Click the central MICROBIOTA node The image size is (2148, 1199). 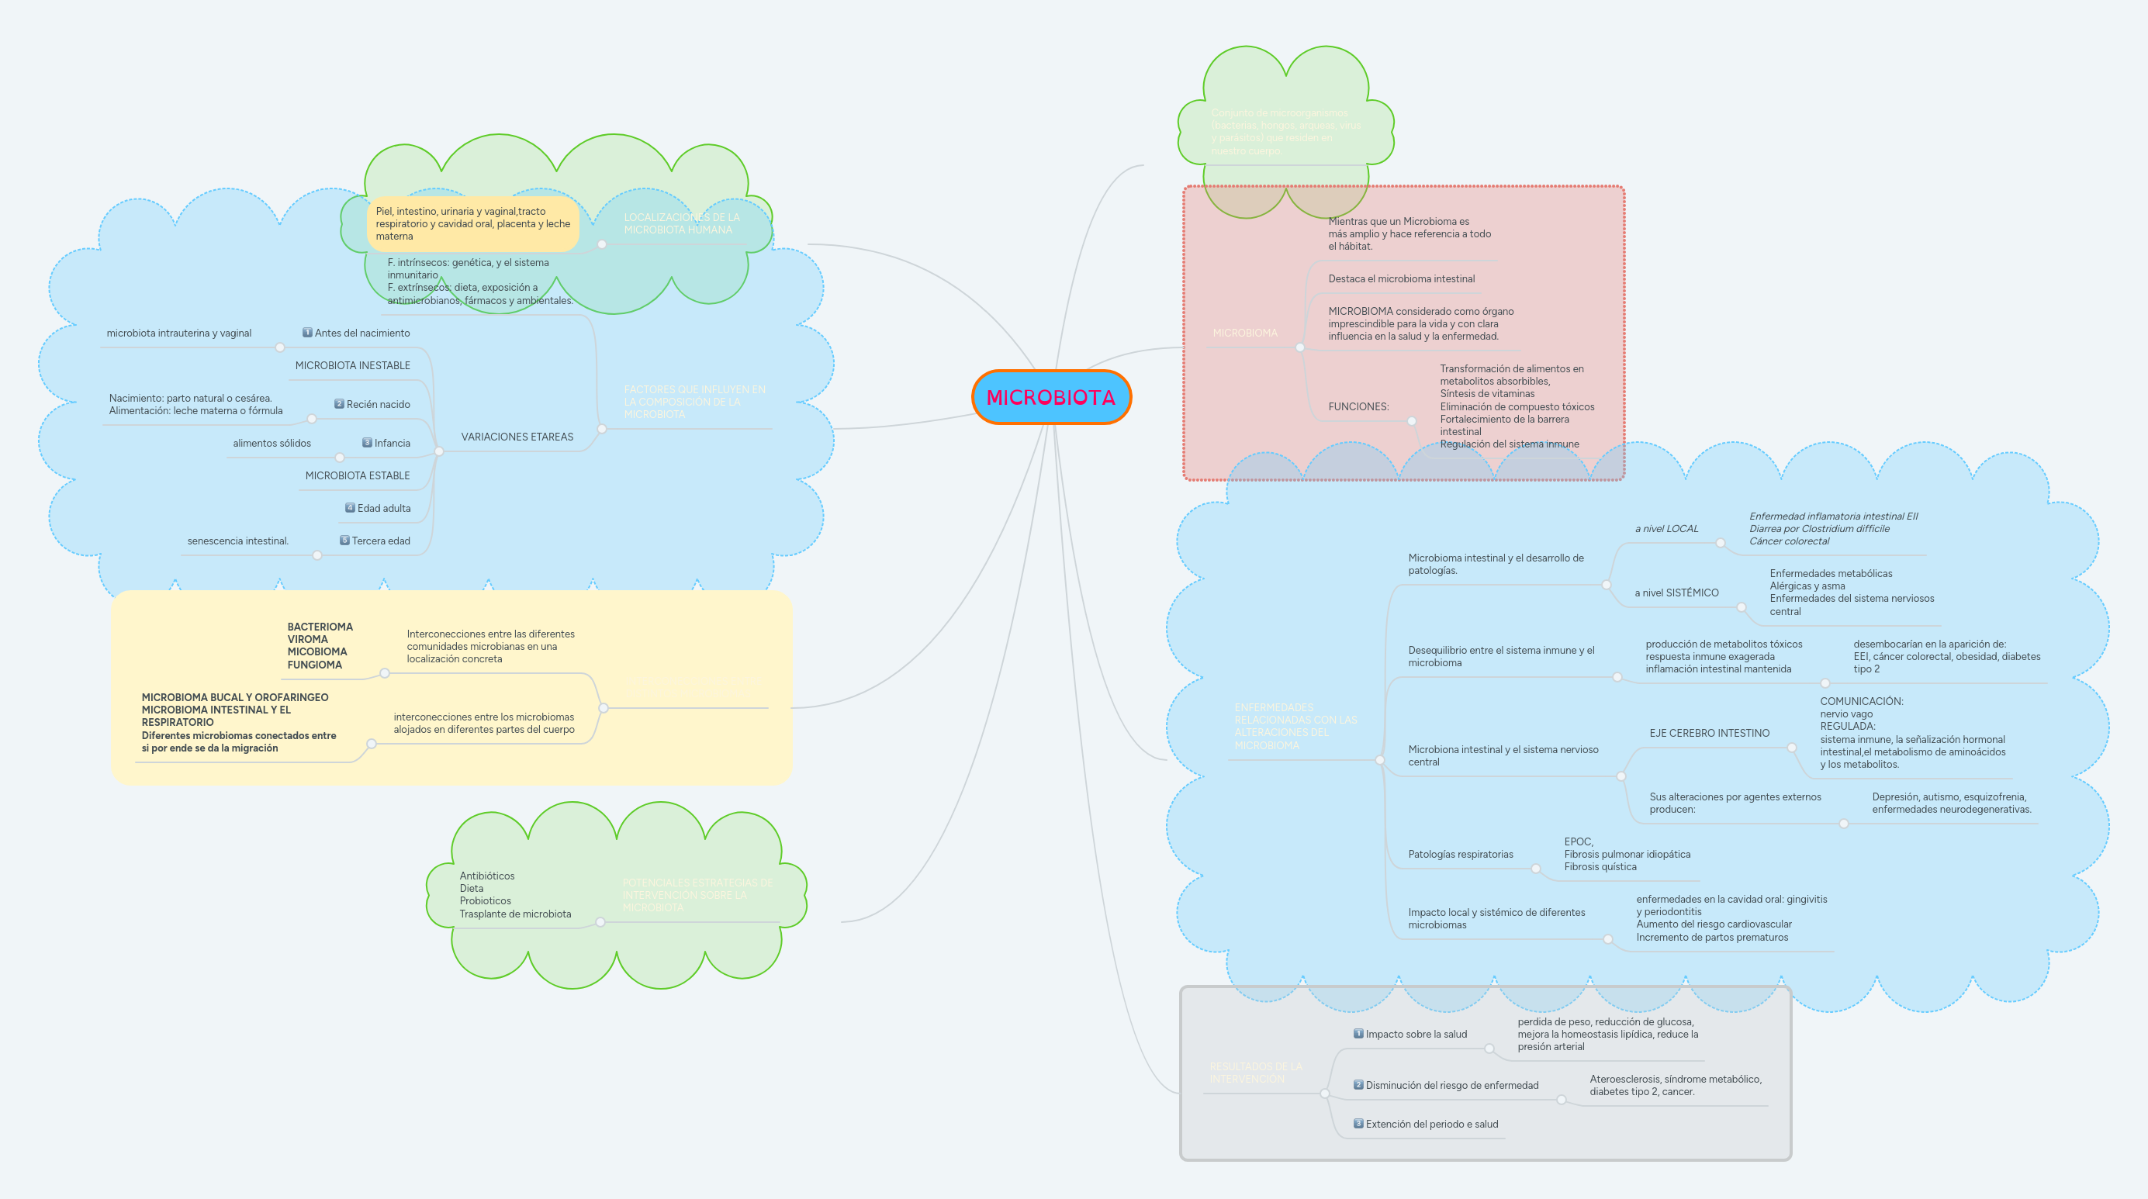(x=1050, y=398)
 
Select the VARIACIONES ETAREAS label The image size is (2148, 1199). (x=517, y=437)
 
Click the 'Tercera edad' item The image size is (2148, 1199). (x=380, y=541)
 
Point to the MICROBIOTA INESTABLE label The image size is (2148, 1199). (x=352, y=366)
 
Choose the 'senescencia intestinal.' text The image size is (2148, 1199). (x=237, y=541)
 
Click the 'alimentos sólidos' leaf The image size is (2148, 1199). (x=272, y=444)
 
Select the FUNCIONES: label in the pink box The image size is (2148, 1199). (x=1358, y=407)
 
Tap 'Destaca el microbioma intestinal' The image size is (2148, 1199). (x=1401, y=279)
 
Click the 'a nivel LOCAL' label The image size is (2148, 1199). (x=1666, y=529)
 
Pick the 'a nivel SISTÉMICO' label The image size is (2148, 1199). (x=1676, y=593)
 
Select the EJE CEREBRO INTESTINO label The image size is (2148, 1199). (x=1709, y=734)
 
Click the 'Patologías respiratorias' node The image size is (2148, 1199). (x=1460, y=855)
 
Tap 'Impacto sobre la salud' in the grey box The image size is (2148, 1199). (x=1415, y=1035)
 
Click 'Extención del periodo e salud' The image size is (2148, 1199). (x=1431, y=1125)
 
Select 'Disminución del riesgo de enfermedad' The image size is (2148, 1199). (x=1451, y=1086)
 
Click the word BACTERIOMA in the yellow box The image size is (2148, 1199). (x=320, y=627)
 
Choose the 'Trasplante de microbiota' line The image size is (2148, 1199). (x=514, y=914)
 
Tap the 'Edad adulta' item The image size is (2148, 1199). (x=383, y=509)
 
